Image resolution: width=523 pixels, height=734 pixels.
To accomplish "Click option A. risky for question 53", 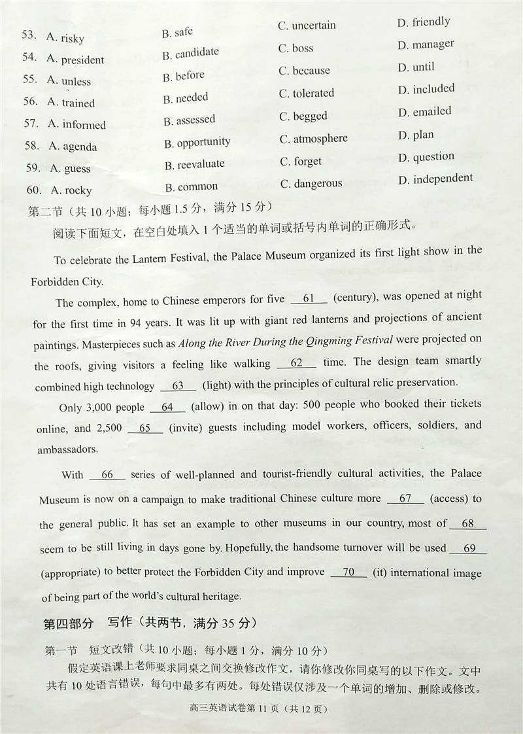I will pyautogui.click(x=65, y=38).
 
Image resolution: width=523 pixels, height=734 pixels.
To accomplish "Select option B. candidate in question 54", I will pyautogui.click(x=190, y=54).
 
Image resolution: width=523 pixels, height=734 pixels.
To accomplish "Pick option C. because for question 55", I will pyautogui.click(x=305, y=71).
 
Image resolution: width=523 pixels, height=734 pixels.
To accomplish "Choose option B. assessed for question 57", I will pyautogui.click(x=190, y=120).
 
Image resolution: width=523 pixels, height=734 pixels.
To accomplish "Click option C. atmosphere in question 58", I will pyautogui.click(x=314, y=139).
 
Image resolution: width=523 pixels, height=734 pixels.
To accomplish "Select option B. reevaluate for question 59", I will pyautogui.click(x=194, y=164).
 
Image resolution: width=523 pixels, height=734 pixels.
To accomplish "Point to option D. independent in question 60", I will pyautogui.click(x=435, y=179).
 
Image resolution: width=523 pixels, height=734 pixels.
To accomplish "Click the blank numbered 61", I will pyautogui.click(x=309, y=299).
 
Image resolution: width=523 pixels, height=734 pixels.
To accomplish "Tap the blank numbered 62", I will pyautogui.click(x=297, y=363).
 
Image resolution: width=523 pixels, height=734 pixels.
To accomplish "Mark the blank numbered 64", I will pyautogui.click(x=168, y=407).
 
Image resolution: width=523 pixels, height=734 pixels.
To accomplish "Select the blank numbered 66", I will pyautogui.click(x=107, y=475).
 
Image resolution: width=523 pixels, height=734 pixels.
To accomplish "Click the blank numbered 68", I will pyautogui.click(x=467, y=523).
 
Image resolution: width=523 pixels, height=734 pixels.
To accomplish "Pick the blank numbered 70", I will pyautogui.click(x=348, y=572).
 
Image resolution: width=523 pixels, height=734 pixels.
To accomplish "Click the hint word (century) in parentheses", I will pyautogui.click(x=354, y=298).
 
